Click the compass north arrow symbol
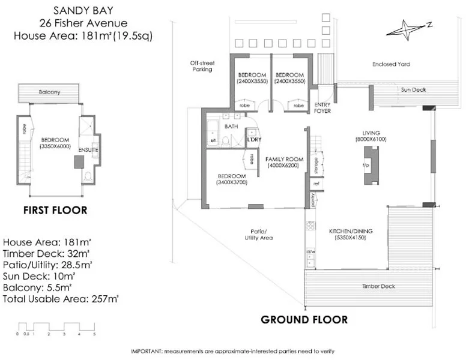click(x=407, y=28)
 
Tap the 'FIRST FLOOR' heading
click(x=55, y=210)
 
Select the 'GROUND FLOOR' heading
click(x=304, y=319)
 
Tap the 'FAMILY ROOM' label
click(x=285, y=158)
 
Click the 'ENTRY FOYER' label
click(x=323, y=107)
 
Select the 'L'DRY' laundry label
click(x=253, y=140)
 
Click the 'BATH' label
click(x=231, y=127)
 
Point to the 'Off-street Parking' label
click(x=201, y=66)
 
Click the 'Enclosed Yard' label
click(x=391, y=64)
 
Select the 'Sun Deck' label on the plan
click(x=412, y=89)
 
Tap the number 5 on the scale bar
click(x=93, y=334)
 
